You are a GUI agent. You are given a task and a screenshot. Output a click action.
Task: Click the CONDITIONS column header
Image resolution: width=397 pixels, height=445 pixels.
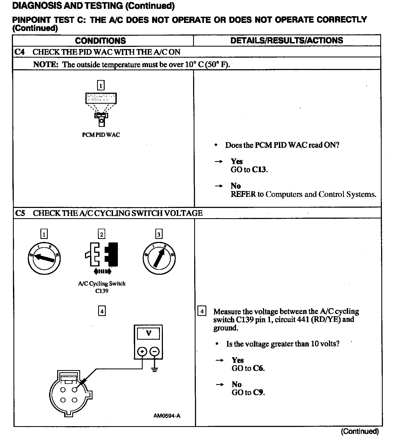tap(100, 41)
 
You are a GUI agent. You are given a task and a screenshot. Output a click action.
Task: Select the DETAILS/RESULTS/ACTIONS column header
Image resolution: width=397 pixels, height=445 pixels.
tap(287, 40)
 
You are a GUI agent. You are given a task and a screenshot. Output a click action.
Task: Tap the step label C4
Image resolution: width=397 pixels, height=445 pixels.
tap(19, 52)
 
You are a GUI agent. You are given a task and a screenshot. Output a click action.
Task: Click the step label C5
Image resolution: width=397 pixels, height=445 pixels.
tap(20, 213)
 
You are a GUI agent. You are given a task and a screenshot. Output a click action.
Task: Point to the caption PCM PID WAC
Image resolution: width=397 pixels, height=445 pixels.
tap(101, 135)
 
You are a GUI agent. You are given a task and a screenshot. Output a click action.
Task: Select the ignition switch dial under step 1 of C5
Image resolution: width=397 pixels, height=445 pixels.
tap(44, 258)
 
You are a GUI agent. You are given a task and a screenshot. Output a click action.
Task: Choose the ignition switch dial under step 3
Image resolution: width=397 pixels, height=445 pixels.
tap(159, 258)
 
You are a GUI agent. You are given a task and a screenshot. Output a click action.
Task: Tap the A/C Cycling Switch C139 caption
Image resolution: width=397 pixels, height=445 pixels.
tap(102, 287)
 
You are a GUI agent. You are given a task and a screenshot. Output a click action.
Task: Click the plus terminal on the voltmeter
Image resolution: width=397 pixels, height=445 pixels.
tap(142, 352)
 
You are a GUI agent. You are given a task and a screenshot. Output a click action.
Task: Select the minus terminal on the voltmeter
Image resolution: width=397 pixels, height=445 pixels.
tap(155, 352)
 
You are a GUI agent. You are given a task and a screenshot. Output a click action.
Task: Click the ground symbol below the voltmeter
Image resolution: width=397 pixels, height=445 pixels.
tap(155, 370)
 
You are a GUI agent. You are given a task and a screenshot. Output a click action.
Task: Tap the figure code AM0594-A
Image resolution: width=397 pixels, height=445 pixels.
tap(167, 416)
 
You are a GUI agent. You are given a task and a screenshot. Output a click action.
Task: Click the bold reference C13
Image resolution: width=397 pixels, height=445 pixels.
tap(259, 170)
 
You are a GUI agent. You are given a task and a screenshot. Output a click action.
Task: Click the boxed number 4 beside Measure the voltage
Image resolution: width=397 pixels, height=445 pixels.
tap(202, 311)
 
